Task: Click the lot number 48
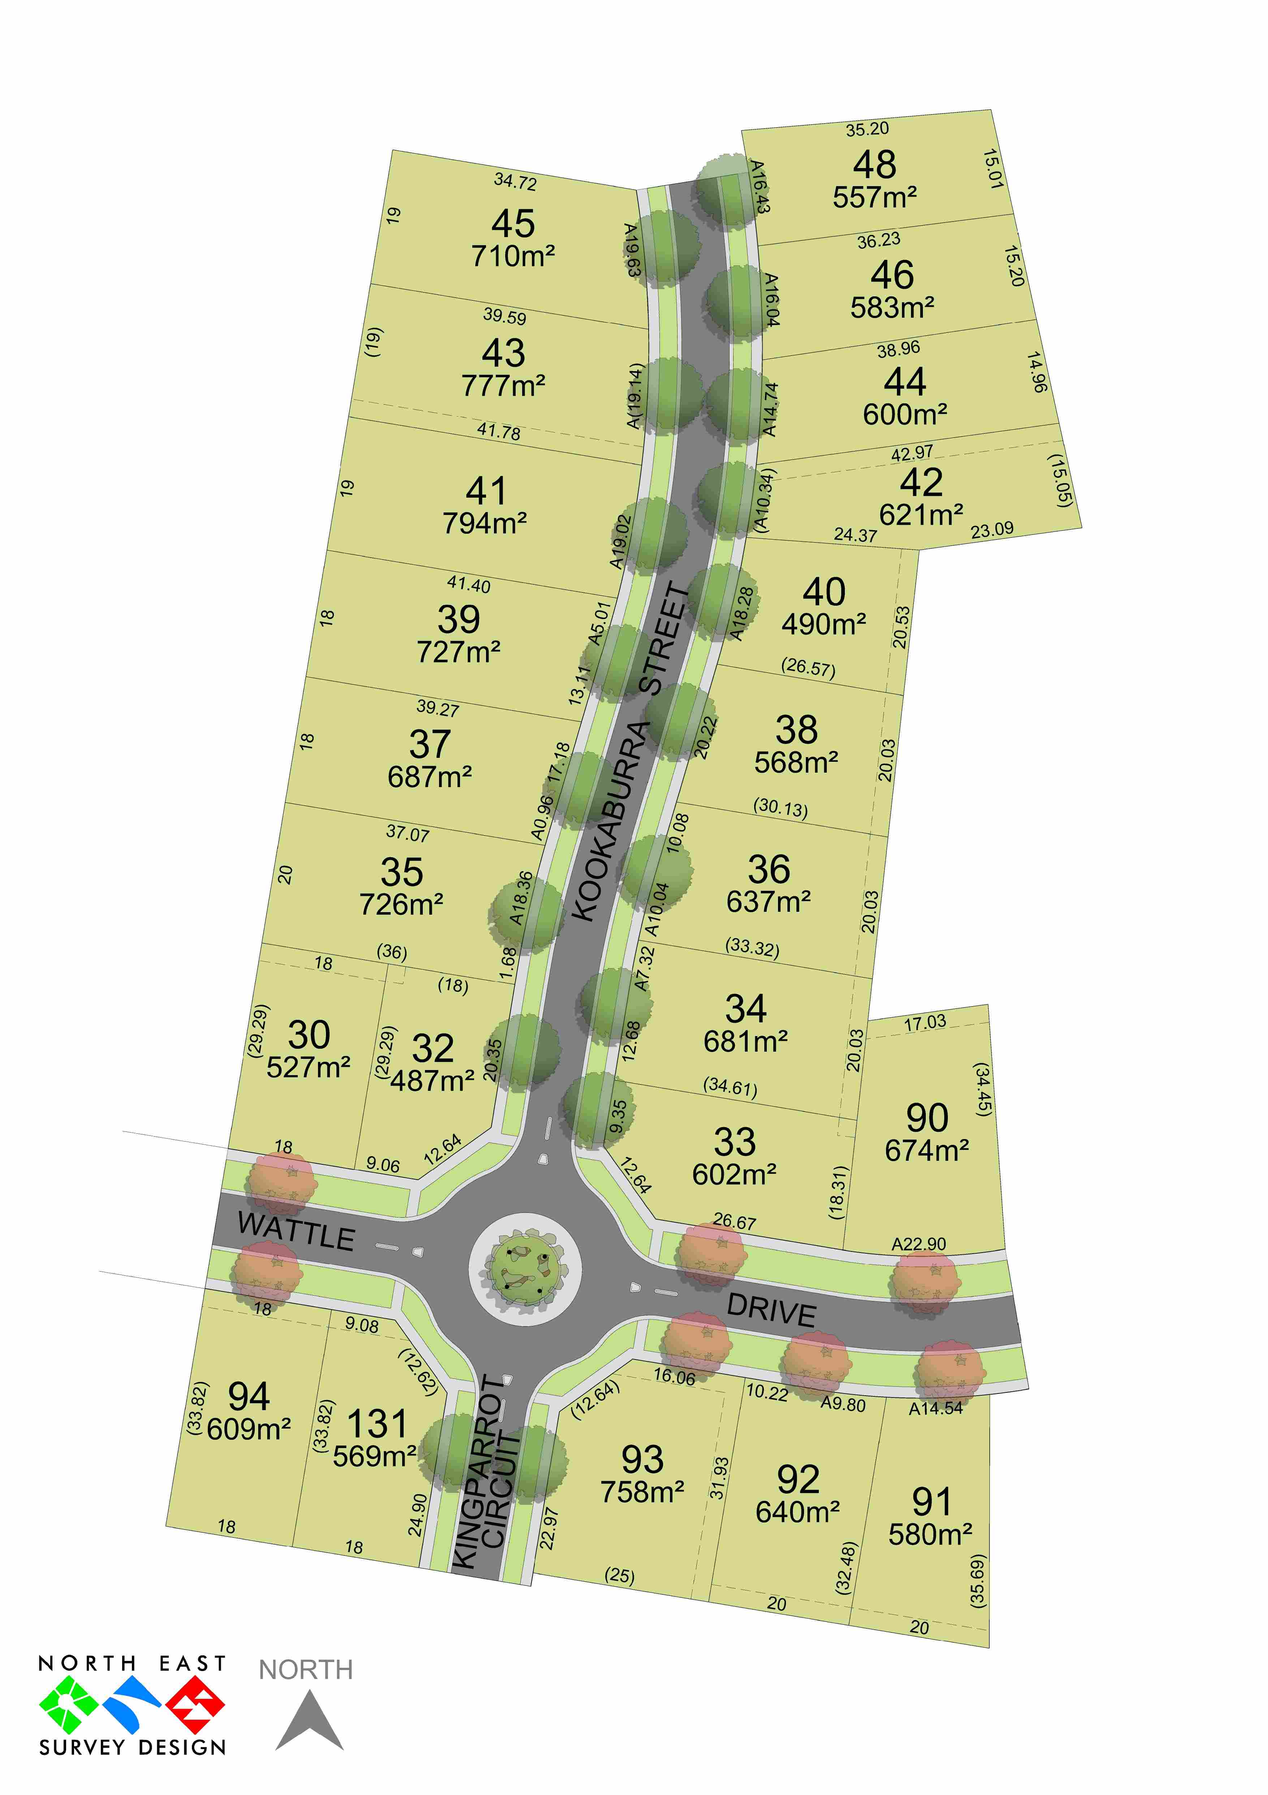874,165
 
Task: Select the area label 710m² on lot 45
513,255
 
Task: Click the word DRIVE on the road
771,1309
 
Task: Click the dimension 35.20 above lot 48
867,129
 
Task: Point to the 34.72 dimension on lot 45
515,181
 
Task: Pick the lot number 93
642,1459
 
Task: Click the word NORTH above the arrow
306,1670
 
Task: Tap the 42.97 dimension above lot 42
911,453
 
